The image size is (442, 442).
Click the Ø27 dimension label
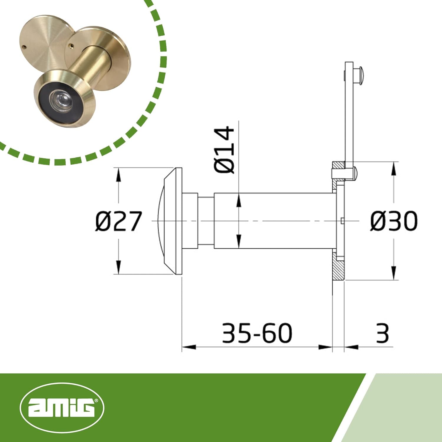[x=118, y=221]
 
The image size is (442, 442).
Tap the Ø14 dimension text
[x=224, y=150]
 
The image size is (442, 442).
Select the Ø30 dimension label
[x=394, y=221]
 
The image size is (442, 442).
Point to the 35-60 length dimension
[x=257, y=333]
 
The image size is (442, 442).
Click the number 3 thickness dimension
[x=382, y=333]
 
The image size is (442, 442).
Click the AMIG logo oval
[x=62, y=408]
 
